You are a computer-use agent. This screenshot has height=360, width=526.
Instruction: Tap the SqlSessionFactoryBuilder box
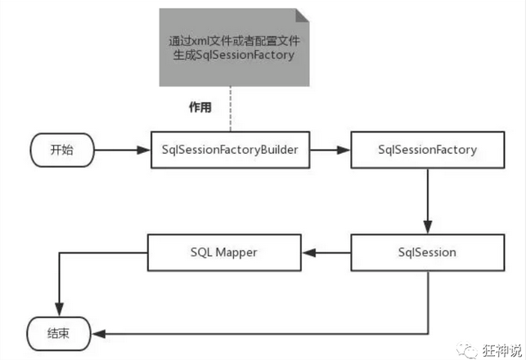point(231,151)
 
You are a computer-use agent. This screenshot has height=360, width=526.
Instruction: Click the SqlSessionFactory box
point(427,151)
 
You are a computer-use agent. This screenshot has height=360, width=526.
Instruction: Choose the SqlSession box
point(427,253)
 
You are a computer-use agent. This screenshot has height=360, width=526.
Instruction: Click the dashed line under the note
point(231,110)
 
